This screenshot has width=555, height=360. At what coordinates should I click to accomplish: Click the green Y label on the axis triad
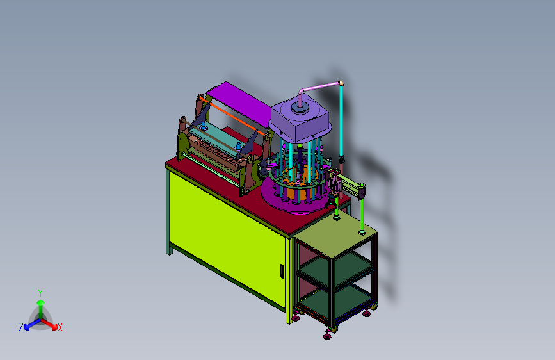click(40, 293)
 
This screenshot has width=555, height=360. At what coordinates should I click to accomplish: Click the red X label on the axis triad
click(60, 327)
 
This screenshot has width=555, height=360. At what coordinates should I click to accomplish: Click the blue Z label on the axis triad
click(21, 327)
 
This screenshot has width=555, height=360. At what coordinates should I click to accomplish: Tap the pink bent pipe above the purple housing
click(317, 89)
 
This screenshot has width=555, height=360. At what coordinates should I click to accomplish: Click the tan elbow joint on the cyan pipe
click(341, 84)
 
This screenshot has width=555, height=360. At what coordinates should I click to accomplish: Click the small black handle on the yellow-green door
click(282, 271)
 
